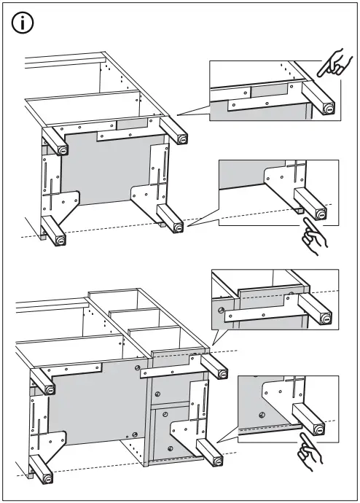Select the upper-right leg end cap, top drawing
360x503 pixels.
coord(181,138)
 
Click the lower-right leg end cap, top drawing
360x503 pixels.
coord(177,229)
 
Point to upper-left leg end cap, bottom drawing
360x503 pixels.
coord(50,389)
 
